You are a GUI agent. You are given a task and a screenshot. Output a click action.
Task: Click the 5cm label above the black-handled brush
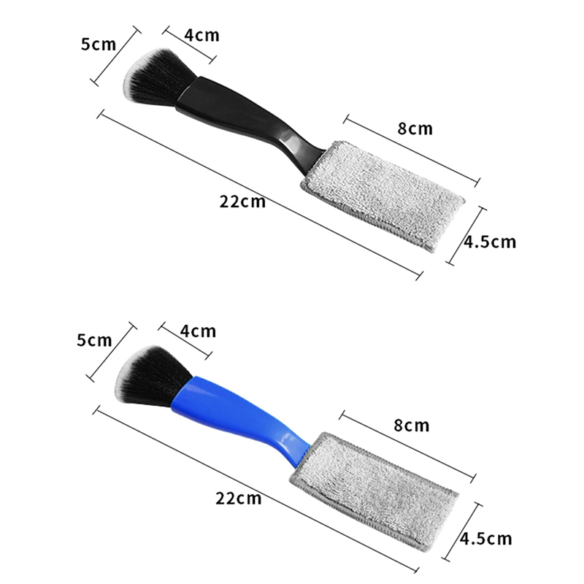point(99,45)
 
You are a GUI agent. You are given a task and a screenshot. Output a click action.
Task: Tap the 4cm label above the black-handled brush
point(202,35)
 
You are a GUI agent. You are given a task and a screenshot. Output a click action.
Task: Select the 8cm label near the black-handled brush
point(415,128)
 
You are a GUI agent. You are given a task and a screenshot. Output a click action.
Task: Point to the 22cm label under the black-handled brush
point(242,201)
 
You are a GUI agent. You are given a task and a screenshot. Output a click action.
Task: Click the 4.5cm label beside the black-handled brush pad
point(490,242)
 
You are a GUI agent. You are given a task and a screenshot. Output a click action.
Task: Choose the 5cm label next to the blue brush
point(95,340)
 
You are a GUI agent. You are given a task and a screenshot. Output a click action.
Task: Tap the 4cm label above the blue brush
point(198,331)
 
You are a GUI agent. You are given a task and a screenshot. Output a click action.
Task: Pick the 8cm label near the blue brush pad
point(412,425)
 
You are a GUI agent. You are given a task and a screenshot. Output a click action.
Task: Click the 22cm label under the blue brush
point(239,498)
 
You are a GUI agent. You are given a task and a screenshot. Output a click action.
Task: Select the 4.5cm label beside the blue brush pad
point(486,539)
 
